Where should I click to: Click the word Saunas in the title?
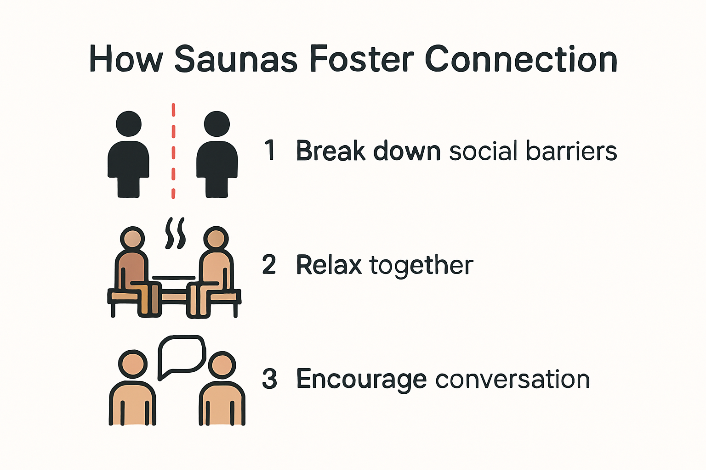236,59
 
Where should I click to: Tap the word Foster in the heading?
362,59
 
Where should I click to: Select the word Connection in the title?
521,59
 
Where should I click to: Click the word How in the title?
126,59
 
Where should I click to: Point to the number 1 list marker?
270,151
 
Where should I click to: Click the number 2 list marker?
269,264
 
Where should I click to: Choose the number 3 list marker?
269,379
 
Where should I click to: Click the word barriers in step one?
571,151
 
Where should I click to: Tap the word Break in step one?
330,151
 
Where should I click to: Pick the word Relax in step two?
329,265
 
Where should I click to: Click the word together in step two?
421,266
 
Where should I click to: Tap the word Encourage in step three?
362,380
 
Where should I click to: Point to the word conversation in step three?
513,379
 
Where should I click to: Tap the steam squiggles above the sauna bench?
175,233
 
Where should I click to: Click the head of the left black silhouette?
129,124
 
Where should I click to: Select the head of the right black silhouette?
217,124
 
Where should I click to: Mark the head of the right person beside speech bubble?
222,365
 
